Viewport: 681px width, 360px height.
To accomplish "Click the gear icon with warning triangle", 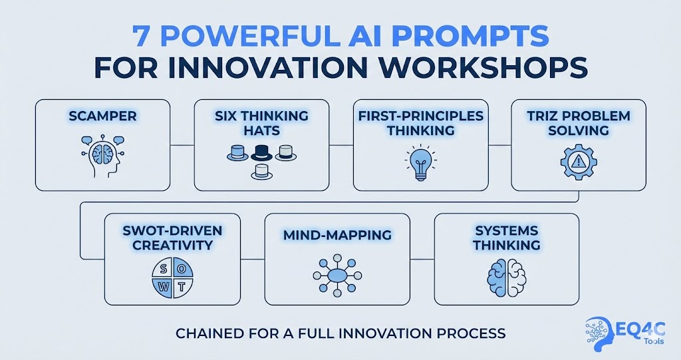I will [579, 162].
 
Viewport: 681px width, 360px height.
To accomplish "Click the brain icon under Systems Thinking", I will [506, 275].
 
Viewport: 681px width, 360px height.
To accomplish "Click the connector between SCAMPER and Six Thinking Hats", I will [182, 144].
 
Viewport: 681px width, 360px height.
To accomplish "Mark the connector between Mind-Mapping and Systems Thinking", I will [422, 259].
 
